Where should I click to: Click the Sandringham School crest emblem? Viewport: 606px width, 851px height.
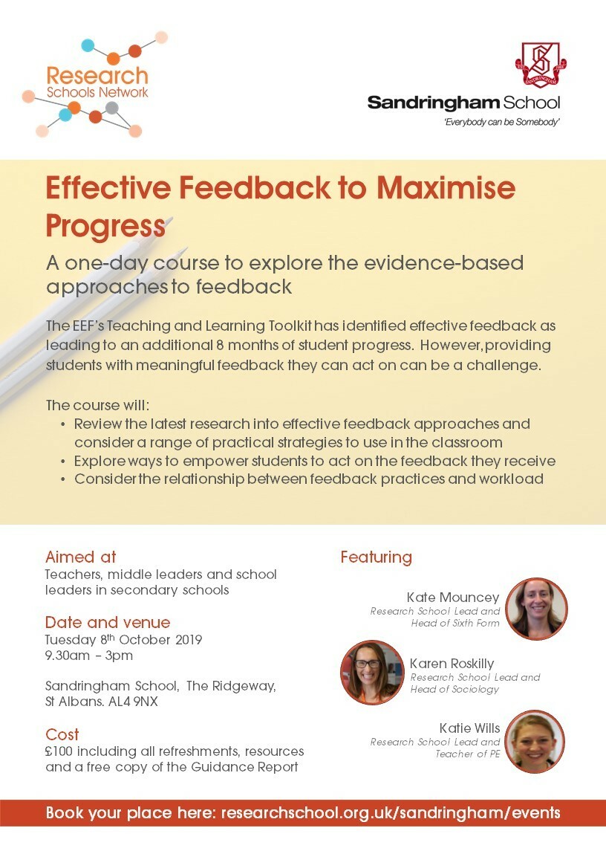[541, 65]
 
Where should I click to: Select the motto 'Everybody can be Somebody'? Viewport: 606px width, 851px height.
[501, 121]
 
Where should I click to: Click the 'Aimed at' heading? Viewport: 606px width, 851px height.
[80, 557]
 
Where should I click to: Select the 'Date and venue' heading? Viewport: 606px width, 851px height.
[107, 622]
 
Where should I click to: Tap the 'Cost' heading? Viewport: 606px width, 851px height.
[62, 734]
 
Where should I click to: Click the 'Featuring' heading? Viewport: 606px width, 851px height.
[376, 557]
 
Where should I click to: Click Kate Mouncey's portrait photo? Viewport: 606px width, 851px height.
[536, 609]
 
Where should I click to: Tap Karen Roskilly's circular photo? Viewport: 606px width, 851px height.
[372, 672]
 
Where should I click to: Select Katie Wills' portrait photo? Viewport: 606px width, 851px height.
[535, 741]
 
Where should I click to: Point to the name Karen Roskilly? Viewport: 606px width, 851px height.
[452, 664]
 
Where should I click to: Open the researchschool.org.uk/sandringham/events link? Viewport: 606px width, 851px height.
[391, 812]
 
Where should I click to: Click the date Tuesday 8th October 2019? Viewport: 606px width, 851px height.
[123, 639]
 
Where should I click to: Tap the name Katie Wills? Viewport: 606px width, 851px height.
[469, 728]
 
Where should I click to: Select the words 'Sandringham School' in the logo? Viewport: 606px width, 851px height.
[463, 103]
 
